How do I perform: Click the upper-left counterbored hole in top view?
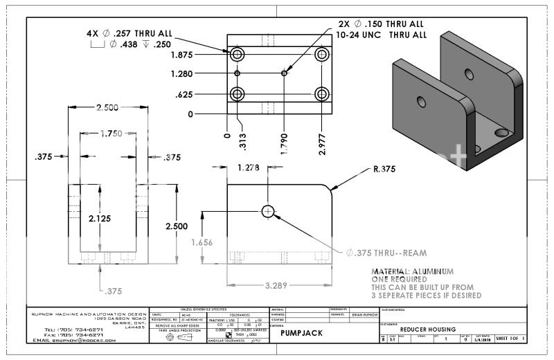238,54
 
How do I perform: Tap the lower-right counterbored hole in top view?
321,93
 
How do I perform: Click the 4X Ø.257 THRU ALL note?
129,33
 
